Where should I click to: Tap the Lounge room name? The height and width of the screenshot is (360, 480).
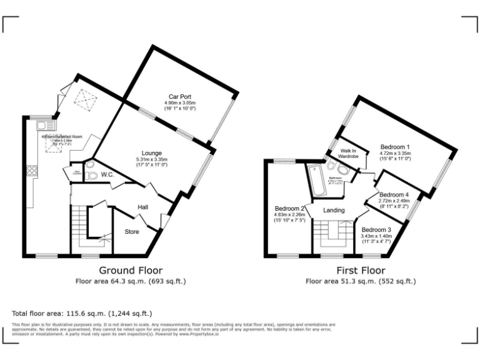[152, 153]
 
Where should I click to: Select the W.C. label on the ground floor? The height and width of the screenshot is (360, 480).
[107, 174]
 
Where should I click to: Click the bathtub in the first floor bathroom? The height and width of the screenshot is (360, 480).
[316, 177]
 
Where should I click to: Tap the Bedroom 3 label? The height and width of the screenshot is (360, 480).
[376, 229]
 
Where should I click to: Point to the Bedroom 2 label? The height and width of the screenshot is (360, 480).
[290, 209]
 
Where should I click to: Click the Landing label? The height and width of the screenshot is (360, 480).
[334, 210]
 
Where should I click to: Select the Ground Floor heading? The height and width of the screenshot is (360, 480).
[131, 271]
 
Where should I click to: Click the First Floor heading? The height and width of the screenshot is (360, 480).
[361, 271]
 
